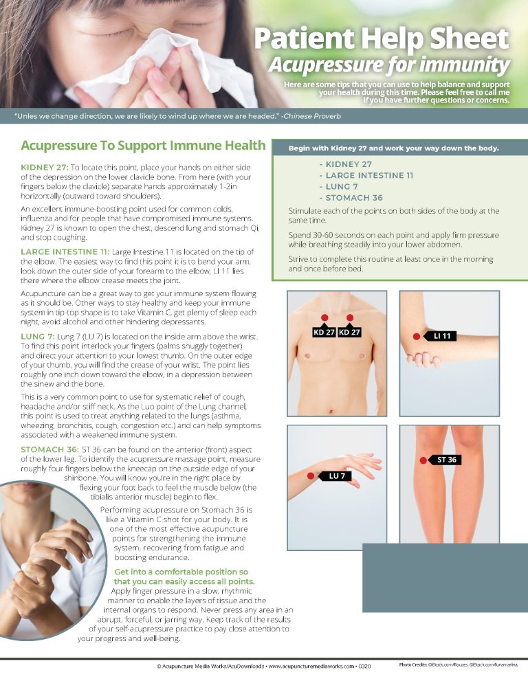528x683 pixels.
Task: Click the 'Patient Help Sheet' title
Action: coord(382,38)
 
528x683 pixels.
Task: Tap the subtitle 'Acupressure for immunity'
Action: coord(389,65)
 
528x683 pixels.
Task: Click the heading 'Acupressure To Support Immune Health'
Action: coord(143,146)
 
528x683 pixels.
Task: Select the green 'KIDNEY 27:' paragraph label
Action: coord(45,167)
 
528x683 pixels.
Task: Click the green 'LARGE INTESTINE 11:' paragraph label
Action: coord(65,251)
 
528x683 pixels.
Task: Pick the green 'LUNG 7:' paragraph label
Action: coord(38,337)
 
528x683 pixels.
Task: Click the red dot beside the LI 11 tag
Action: coord(417,337)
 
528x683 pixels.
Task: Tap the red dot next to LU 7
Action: coord(311,476)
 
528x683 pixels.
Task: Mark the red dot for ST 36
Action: coord(423,460)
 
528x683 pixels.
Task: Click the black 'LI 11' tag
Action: coord(441,336)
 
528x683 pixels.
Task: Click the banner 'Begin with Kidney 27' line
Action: coord(394,148)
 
